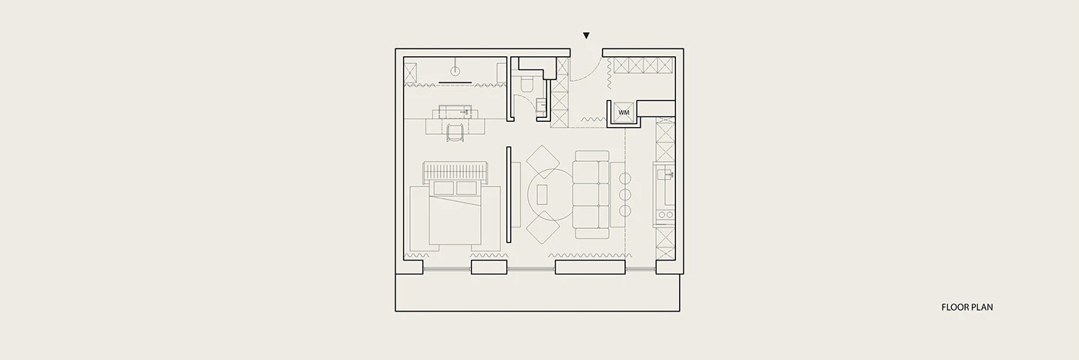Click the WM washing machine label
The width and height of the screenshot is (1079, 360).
624,113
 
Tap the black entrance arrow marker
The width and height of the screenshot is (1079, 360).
587,35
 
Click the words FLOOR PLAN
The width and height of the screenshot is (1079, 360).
966,307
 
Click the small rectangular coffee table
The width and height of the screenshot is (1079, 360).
543,193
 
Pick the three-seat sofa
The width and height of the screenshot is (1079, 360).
591,195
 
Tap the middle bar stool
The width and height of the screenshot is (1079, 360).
625,195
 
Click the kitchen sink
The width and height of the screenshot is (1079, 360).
665,173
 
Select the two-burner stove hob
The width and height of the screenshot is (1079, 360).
665,215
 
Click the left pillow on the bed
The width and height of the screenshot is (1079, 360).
443,188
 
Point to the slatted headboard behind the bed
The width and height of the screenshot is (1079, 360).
455,172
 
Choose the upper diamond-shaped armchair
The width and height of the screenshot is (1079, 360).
543,162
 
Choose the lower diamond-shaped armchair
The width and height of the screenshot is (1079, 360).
543,227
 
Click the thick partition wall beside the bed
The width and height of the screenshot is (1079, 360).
508,195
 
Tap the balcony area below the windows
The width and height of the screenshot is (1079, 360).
538,292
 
